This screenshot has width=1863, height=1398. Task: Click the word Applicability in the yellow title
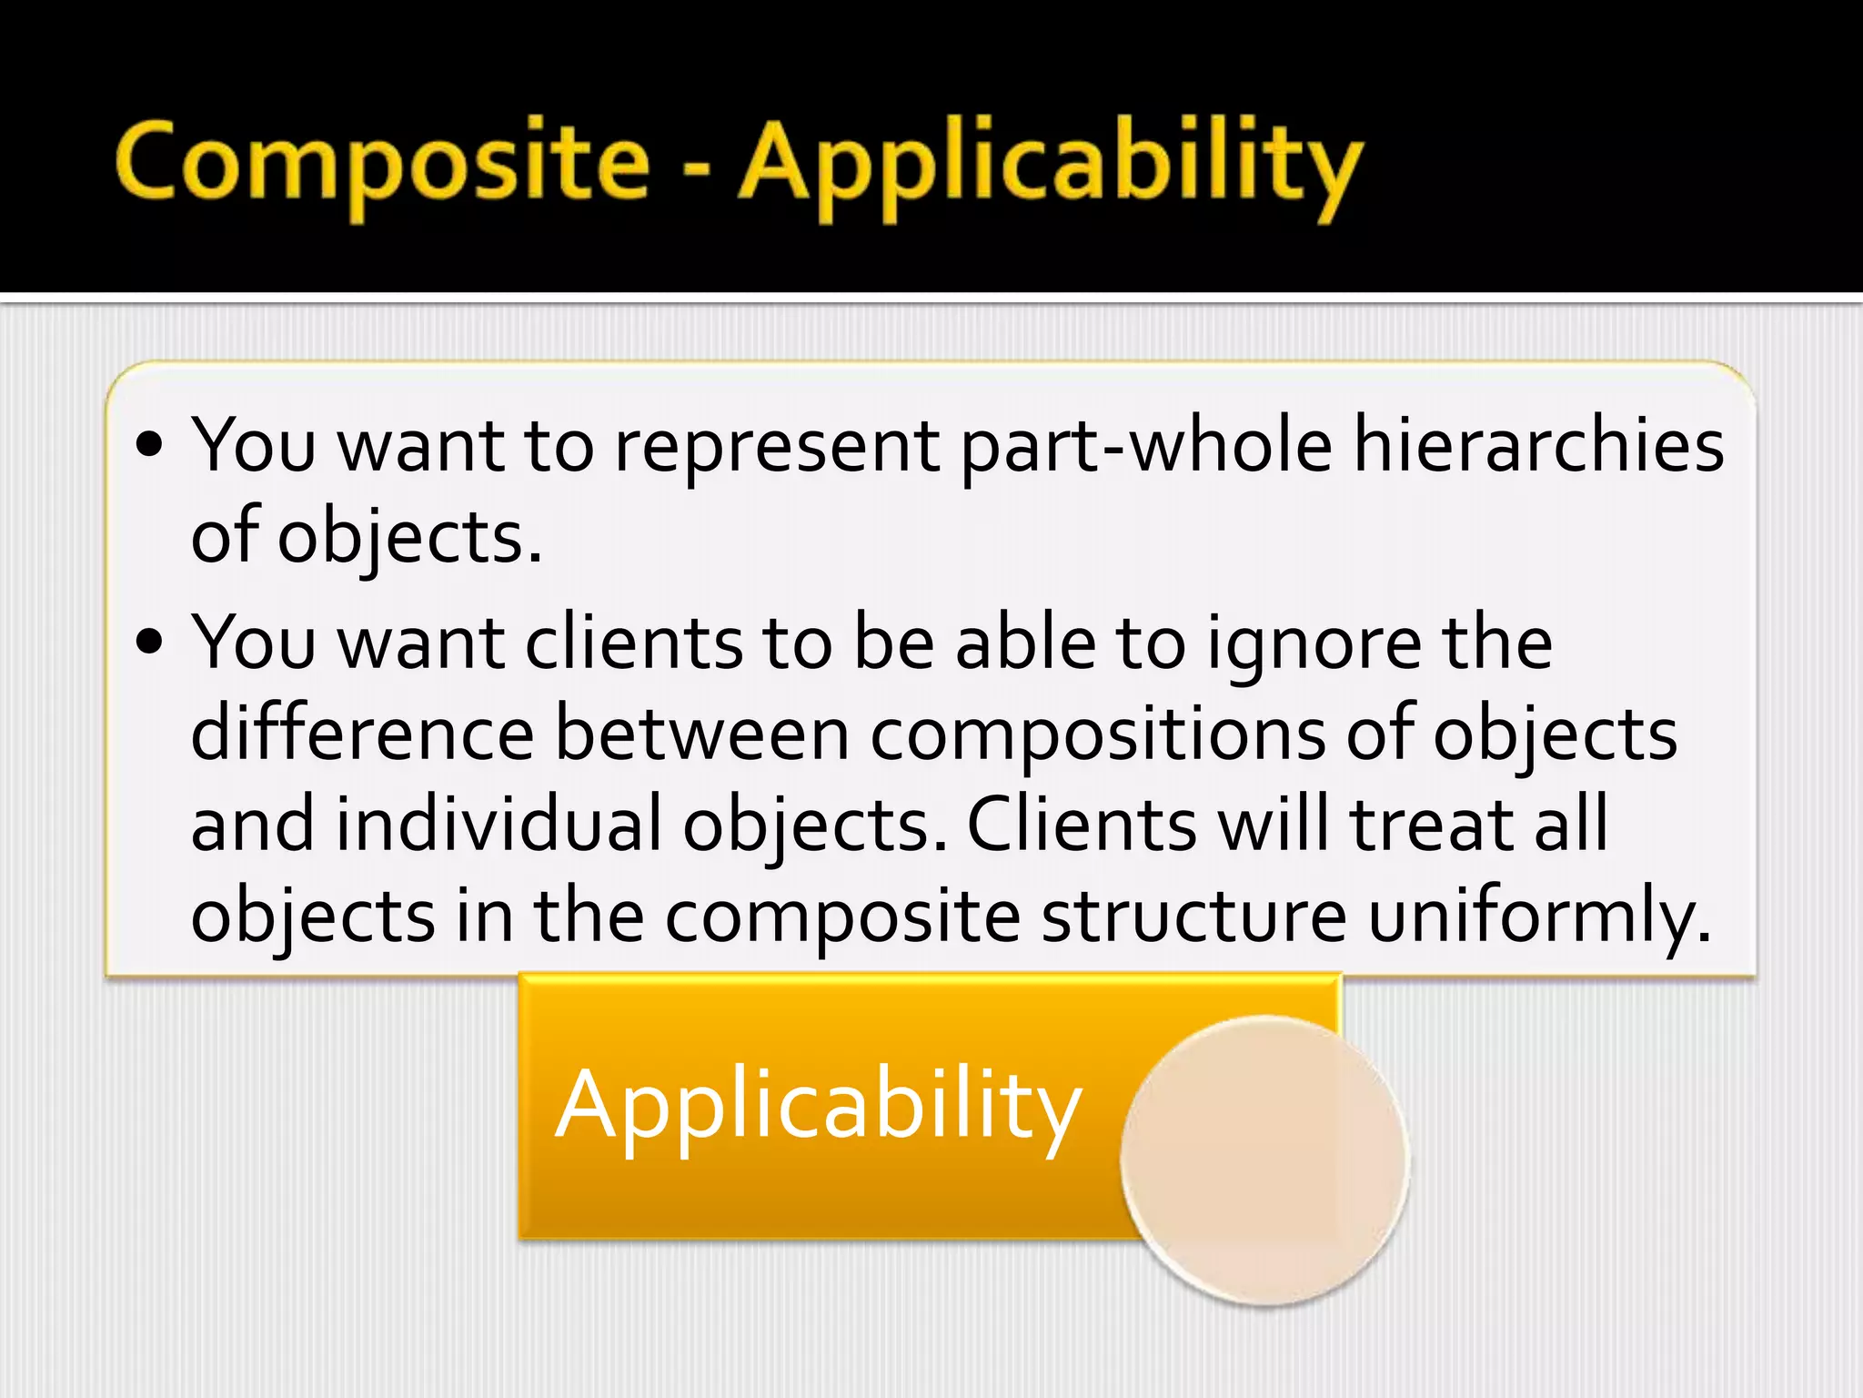tap(1051, 168)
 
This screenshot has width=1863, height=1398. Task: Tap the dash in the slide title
tap(696, 168)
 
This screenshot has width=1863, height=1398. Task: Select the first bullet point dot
tap(148, 445)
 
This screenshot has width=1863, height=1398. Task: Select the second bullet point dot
tap(148, 643)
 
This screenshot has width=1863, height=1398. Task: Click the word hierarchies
tap(1539, 446)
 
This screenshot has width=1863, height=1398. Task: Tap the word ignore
tap(1314, 644)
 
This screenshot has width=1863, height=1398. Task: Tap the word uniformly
tap(1539, 917)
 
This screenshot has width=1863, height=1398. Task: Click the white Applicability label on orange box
tap(818, 1106)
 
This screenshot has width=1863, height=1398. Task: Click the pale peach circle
tap(1264, 1160)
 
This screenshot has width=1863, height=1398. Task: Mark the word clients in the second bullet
tap(633, 643)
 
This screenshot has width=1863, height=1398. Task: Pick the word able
tap(1025, 643)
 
